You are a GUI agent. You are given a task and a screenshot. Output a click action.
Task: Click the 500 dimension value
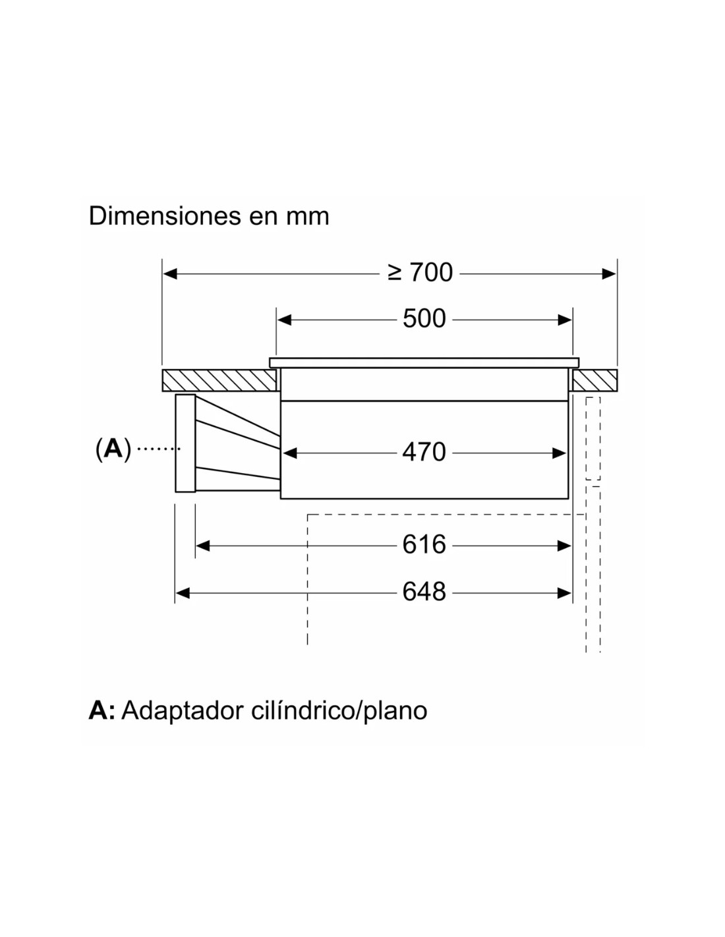[x=424, y=320]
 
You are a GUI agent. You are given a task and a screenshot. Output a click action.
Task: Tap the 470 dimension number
[x=424, y=453]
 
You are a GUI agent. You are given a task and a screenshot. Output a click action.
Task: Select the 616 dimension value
[x=424, y=545]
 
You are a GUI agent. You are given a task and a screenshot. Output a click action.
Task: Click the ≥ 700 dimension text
[x=420, y=273]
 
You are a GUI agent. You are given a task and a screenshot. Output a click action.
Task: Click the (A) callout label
[x=113, y=449]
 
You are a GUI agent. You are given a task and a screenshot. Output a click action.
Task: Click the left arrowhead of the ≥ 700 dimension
[x=170, y=273]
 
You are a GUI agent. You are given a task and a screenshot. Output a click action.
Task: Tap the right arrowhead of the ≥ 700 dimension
[x=609, y=273]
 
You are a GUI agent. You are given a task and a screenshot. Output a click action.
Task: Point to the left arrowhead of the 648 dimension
[x=183, y=593]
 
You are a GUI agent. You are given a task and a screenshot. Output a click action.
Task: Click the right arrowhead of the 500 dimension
[x=565, y=320]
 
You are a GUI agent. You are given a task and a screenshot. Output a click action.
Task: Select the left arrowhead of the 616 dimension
[x=203, y=546]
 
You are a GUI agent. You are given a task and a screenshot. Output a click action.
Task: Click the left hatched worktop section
[x=219, y=380]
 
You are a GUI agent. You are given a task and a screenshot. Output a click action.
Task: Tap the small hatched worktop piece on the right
[x=596, y=380]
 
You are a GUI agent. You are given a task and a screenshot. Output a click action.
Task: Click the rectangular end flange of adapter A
[x=185, y=443]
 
